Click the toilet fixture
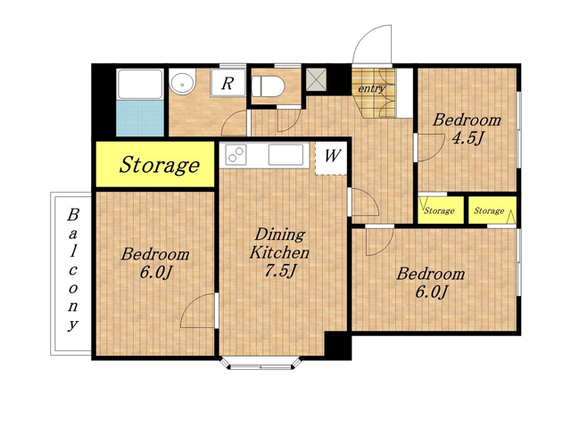pos(268,86)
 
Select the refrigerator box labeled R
pos(228,83)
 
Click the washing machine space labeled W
pos(331,159)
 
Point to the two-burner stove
pos(236,154)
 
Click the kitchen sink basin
pos(285,154)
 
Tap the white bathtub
pos(140,85)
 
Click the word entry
pos(371,88)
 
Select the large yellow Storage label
pos(160,165)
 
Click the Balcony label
pos(73,269)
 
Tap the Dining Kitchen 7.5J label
pos(279,252)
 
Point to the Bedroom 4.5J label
pos(467,128)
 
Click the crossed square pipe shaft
pos(316,79)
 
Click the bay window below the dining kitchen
pos(261,363)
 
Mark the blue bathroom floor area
pos(140,119)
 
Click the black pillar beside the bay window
pos(337,345)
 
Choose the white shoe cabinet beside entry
pos(404,93)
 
